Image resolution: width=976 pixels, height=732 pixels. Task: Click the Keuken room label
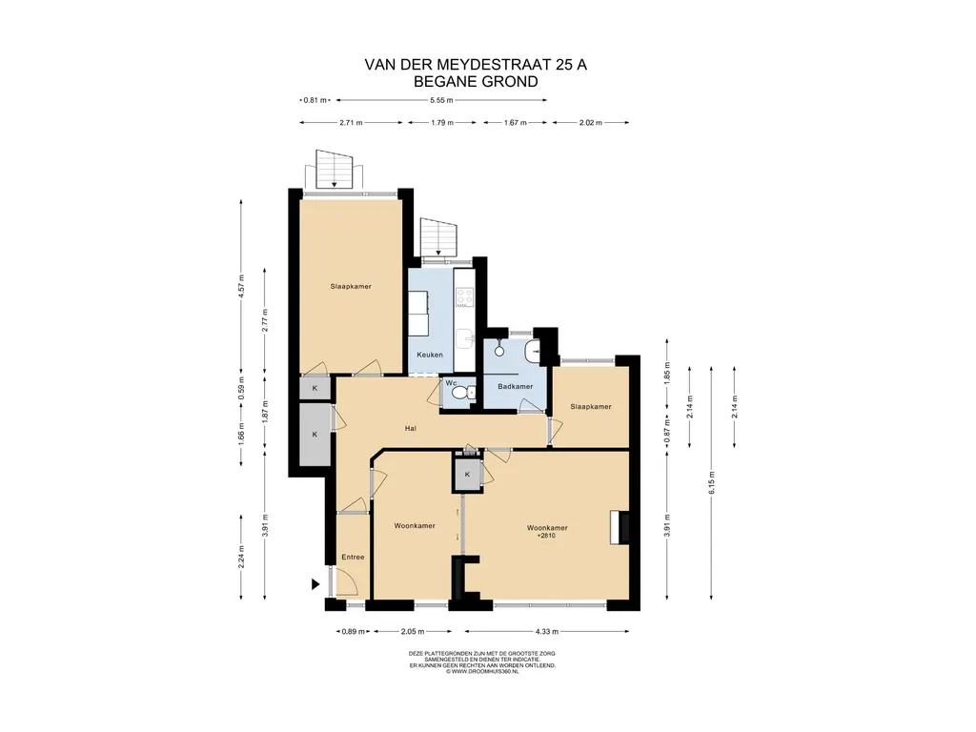coord(430,355)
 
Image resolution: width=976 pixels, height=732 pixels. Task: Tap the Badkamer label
coord(516,387)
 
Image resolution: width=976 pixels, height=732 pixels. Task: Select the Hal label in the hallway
coord(410,428)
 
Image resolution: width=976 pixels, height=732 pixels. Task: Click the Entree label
coord(353,557)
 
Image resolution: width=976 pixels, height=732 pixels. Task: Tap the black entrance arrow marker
coord(315,584)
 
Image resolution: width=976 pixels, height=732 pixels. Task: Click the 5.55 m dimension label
coord(441,99)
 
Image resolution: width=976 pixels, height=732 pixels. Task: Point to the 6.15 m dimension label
coord(711,483)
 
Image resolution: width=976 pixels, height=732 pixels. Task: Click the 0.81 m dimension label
coord(315,99)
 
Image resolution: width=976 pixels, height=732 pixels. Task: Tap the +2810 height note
coord(546,536)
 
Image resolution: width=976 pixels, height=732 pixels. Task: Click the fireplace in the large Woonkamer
coord(620,528)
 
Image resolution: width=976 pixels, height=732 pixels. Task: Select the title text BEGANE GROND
coord(477,82)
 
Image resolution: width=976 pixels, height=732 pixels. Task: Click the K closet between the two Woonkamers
coord(467,475)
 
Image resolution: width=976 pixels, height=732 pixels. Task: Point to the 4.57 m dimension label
coord(241,287)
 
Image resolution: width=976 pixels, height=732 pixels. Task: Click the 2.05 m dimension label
coord(413,631)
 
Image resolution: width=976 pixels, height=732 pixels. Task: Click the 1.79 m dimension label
coord(442,123)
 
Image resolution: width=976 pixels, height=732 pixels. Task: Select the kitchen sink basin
coord(464,340)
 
